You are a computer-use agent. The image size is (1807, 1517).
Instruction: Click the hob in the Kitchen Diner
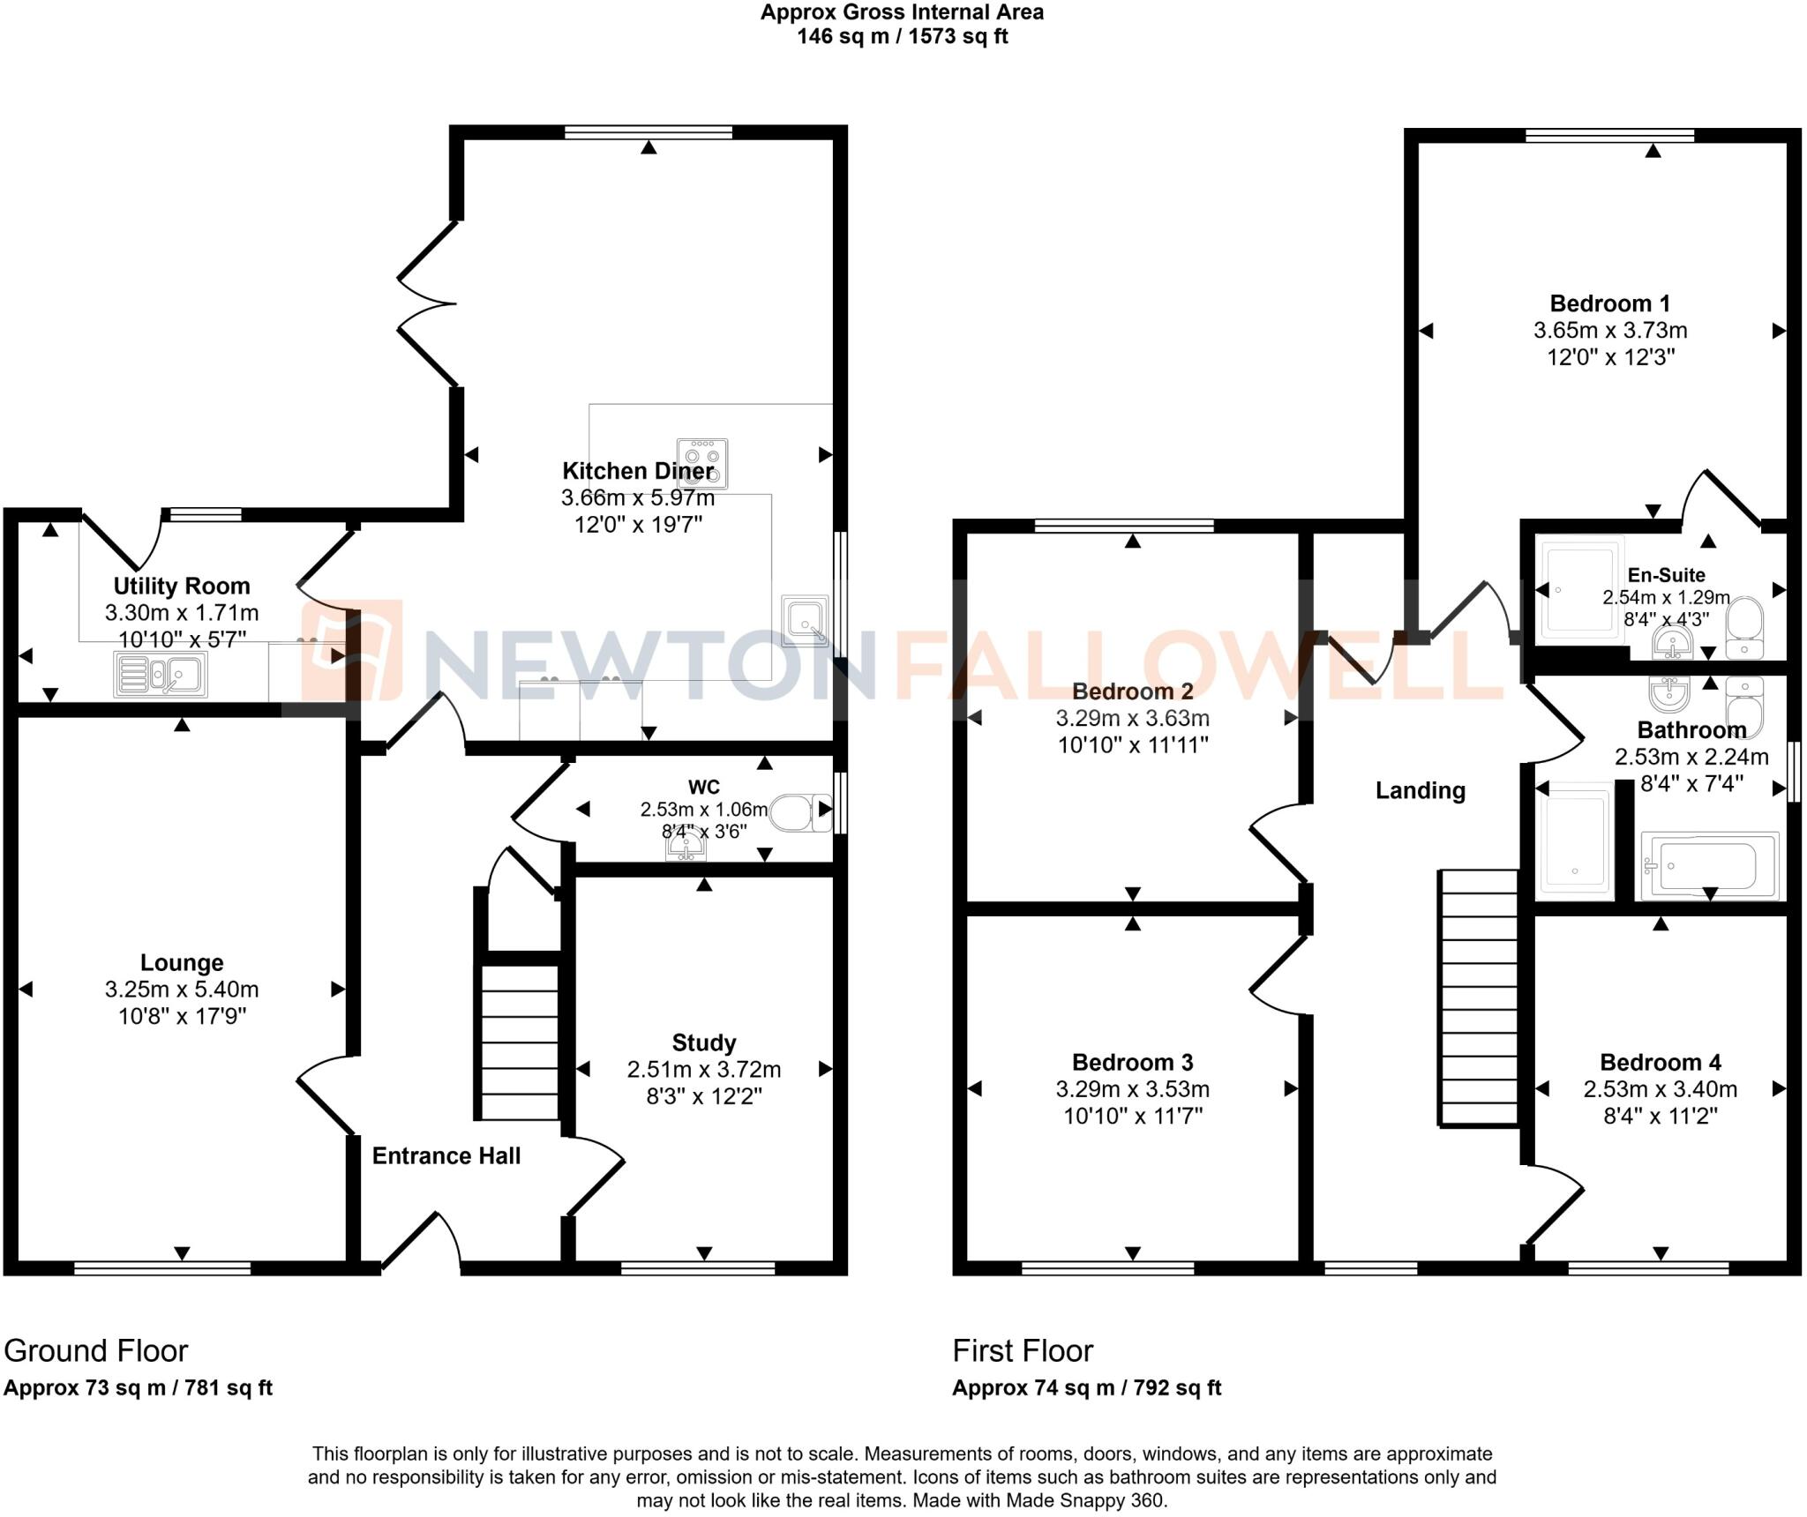click(702, 463)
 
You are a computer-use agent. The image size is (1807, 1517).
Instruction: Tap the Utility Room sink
click(161, 675)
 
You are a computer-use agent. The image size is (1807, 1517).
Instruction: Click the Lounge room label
click(182, 962)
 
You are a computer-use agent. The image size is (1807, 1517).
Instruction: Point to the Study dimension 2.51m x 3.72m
click(703, 1070)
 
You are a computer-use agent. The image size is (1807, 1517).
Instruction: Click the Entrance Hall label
click(446, 1155)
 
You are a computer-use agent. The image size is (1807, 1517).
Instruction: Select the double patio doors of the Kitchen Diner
click(428, 303)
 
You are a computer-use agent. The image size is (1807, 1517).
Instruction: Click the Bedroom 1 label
click(1609, 303)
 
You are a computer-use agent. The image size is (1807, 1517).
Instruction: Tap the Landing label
click(1420, 790)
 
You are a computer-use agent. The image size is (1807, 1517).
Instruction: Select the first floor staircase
click(1479, 998)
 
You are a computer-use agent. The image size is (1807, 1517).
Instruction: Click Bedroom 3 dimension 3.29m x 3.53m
click(1132, 1089)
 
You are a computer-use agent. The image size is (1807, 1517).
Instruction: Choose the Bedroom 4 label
click(1660, 1062)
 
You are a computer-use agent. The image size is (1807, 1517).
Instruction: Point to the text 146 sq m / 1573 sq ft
click(902, 36)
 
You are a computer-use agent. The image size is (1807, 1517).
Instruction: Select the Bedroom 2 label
click(1132, 691)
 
